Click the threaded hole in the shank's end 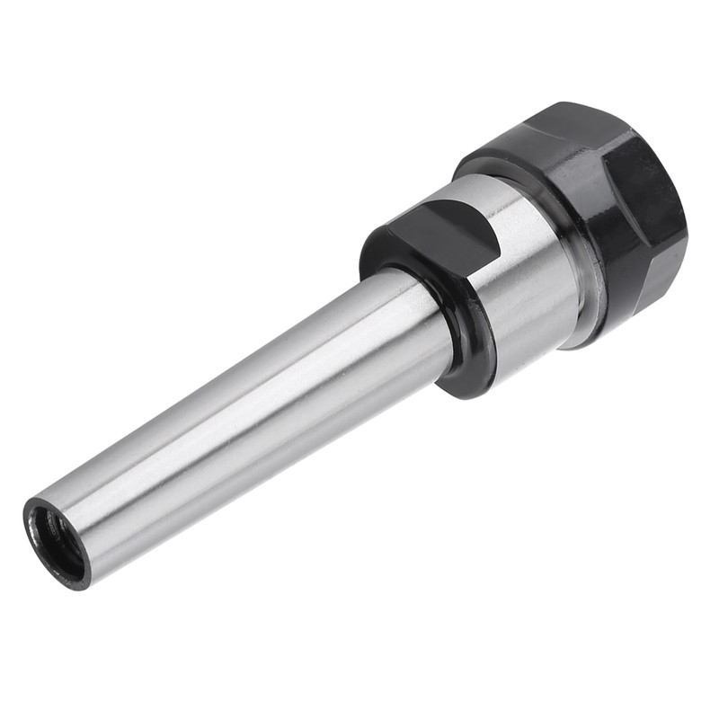click(x=55, y=540)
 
